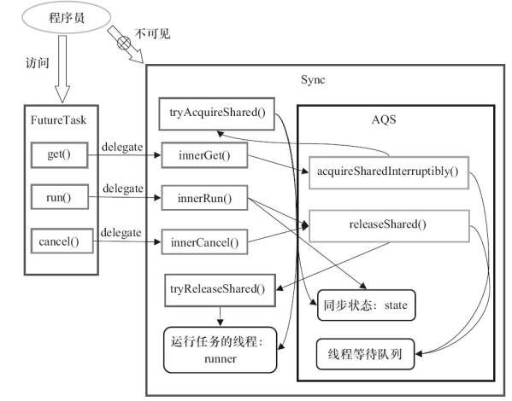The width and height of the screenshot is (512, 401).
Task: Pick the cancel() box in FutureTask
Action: coord(58,241)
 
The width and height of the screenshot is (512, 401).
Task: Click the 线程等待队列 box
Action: coord(365,354)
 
